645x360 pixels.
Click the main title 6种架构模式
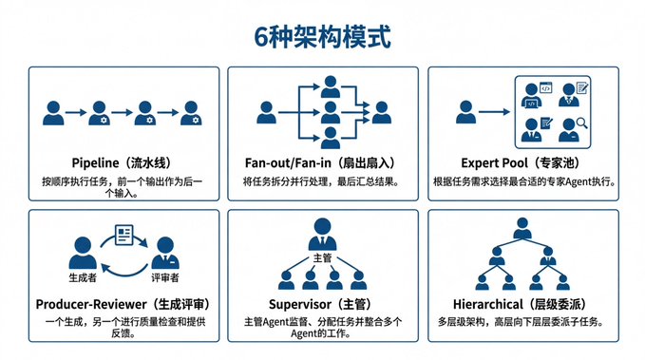pyautogui.click(x=322, y=37)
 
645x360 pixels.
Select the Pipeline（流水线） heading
pyautogui.click(x=123, y=163)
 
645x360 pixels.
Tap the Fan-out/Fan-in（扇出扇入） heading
pyautogui.click(x=322, y=163)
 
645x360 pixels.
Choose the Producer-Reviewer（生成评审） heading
pyautogui.click(x=124, y=304)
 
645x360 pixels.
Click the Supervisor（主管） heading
pyautogui.click(x=322, y=304)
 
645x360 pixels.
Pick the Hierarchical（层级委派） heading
pyautogui.click(x=522, y=304)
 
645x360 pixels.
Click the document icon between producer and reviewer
pyautogui.click(x=123, y=235)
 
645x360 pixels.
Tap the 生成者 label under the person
pyautogui.click(x=83, y=277)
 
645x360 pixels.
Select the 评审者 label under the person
pyautogui.click(x=165, y=277)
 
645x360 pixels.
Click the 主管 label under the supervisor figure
pyautogui.click(x=322, y=258)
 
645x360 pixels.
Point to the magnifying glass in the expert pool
pyautogui.click(x=581, y=123)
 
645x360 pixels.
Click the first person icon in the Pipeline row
pyautogui.click(x=53, y=113)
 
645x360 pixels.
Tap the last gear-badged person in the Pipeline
pyautogui.click(x=191, y=113)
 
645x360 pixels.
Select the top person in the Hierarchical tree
pyautogui.click(x=522, y=228)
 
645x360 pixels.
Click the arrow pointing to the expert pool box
pyautogui.click(x=494, y=111)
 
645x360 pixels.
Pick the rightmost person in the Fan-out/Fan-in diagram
pyautogui.click(x=381, y=112)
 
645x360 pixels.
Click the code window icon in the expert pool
pyautogui.click(x=545, y=87)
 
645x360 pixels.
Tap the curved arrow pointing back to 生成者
pyautogui.click(x=123, y=270)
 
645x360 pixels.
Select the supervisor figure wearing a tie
pyautogui.click(x=322, y=234)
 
